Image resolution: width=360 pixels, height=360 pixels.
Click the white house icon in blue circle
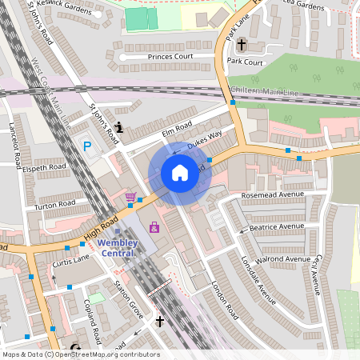[x=180, y=172]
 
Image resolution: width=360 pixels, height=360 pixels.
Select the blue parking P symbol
[x=87, y=146]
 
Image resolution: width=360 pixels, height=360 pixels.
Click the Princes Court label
[x=170, y=57]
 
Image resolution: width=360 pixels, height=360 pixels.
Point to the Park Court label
[x=245, y=62]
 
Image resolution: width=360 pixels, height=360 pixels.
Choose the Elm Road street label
[x=178, y=127]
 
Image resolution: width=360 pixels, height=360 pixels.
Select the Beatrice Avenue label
[x=278, y=228]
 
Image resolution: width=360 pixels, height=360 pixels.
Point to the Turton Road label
[x=54, y=204]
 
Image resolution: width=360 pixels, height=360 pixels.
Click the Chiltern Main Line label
[x=264, y=91]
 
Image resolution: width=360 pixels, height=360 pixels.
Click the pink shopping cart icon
[x=130, y=197]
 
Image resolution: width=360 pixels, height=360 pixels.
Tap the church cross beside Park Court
[x=241, y=45]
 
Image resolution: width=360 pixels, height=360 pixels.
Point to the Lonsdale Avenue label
[x=258, y=281]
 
